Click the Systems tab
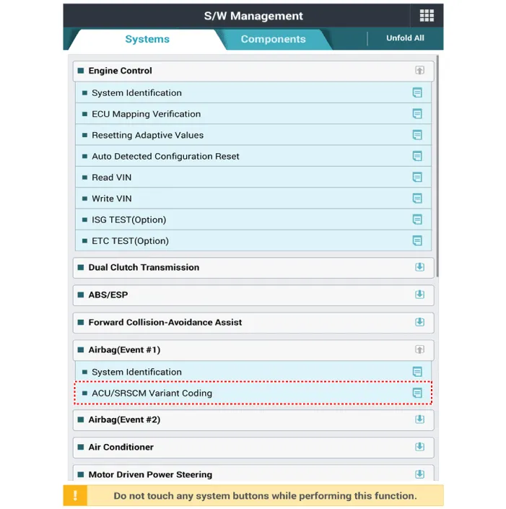coord(147,39)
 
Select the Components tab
coord(273,39)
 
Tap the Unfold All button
coord(405,38)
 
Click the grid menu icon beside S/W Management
coord(427,16)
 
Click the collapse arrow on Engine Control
coord(419,71)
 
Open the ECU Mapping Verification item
coord(146,114)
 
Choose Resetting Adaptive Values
coord(147,135)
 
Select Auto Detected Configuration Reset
coord(165,156)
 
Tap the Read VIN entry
coord(111,178)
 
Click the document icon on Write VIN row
coord(416,199)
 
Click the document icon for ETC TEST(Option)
coord(416,240)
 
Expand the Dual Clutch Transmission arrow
coord(419,267)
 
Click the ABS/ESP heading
coord(108,295)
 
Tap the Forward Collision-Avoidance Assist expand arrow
coord(419,322)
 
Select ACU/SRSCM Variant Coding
coord(152,393)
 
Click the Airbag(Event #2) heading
coord(124,419)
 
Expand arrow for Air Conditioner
coord(419,447)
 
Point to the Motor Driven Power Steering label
coord(150,474)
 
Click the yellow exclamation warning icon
coord(75,496)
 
